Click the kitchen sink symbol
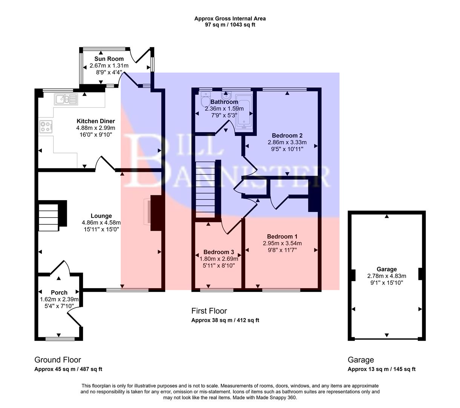(66, 99)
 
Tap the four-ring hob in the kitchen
(46, 127)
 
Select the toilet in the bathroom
(206, 101)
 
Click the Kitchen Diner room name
(96, 121)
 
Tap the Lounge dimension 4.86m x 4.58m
(101, 223)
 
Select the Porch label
(59, 292)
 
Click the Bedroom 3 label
(219, 252)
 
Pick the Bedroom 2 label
(287, 136)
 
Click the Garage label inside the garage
(386, 269)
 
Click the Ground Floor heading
(58, 360)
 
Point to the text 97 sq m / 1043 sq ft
(230, 25)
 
